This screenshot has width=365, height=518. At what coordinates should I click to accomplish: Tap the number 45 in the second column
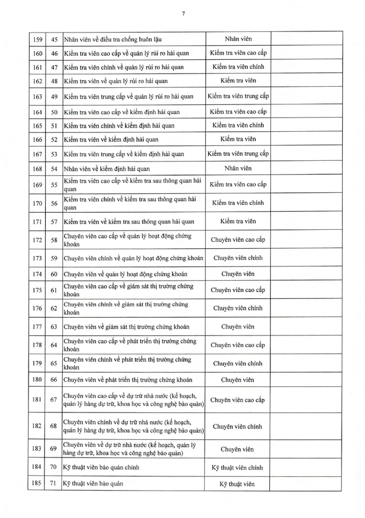tap(54, 39)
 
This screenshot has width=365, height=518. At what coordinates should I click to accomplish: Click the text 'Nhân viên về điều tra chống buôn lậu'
tap(112, 39)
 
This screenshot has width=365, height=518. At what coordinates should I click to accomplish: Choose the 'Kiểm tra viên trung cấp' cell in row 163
tap(237, 96)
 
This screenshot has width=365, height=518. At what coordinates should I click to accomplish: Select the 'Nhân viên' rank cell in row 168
tap(237, 168)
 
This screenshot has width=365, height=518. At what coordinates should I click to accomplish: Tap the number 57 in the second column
tap(54, 221)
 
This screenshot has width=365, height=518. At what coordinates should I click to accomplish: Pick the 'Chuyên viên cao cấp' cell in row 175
tap(237, 290)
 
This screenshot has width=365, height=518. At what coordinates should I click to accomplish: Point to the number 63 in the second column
tap(54, 327)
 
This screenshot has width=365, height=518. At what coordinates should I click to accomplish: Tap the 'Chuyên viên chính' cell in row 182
tap(237, 426)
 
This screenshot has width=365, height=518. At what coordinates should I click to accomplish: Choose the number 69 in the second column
tap(54, 448)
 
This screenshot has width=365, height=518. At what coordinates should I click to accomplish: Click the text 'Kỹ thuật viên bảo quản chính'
tap(102, 467)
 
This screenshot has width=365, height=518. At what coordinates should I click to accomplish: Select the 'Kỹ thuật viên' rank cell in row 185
tap(237, 484)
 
